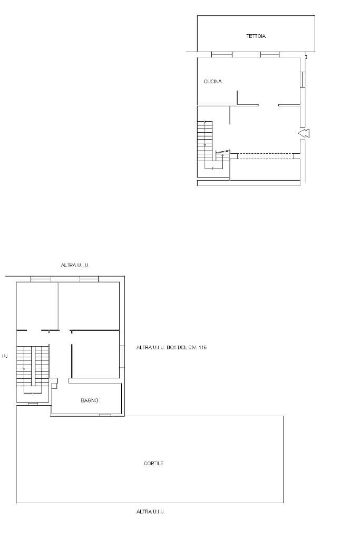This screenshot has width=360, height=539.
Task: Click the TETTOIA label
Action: [x=256, y=36]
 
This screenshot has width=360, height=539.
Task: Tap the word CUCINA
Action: [x=212, y=82]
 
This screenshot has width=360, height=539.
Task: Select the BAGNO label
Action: [x=90, y=401]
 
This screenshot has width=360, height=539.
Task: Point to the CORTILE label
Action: [x=153, y=464]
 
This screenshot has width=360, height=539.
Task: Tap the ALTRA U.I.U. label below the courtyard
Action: [x=150, y=512]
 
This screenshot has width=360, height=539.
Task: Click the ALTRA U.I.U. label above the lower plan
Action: [x=75, y=265]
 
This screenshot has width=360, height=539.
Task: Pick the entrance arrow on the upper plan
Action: [x=304, y=134]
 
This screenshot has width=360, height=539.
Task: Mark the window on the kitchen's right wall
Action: [x=303, y=79]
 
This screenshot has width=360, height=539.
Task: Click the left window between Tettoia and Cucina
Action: [x=221, y=54]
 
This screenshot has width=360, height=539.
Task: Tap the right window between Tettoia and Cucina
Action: [x=269, y=54]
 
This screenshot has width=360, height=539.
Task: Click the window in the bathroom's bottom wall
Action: [x=105, y=415]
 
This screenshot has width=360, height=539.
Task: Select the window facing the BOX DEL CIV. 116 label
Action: [x=122, y=356]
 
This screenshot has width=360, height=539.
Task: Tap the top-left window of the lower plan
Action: [x=41, y=279]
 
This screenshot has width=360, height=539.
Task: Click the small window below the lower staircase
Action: [x=33, y=404]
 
